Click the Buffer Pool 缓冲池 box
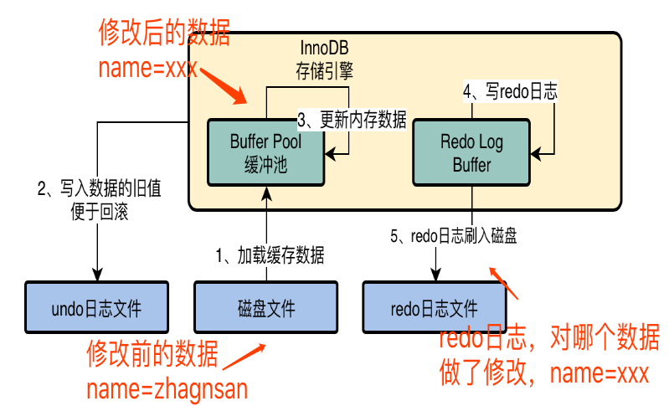click(x=265, y=152)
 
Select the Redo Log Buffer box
click(x=471, y=152)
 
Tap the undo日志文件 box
click(x=96, y=307)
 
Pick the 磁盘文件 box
click(x=265, y=307)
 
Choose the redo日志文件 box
click(x=435, y=307)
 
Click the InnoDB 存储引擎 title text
click(x=324, y=59)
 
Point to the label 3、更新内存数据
click(x=352, y=120)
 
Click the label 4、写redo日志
click(x=510, y=91)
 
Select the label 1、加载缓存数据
click(x=270, y=255)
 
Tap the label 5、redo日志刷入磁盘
click(x=454, y=236)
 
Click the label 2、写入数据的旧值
click(x=100, y=188)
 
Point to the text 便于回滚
click(x=100, y=212)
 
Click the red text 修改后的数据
click(x=164, y=33)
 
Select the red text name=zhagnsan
click(x=167, y=389)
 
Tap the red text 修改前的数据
click(x=152, y=353)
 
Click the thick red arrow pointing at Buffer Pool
click(x=224, y=85)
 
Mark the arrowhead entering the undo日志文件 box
click(x=97, y=275)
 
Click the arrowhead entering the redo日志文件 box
click(x=435, y=275)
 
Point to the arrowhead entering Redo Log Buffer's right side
click(x=536, y=153)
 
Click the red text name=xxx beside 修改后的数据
click(x=148, y=68)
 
